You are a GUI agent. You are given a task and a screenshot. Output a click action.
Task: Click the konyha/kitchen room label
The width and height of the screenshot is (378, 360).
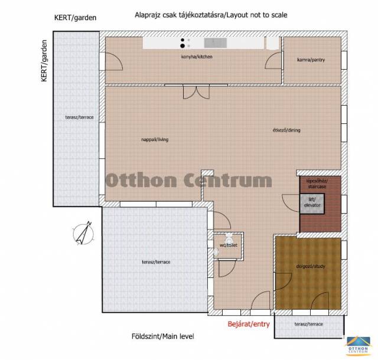(197, 57)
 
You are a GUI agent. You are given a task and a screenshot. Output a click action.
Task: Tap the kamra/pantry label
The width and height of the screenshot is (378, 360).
(311, 60)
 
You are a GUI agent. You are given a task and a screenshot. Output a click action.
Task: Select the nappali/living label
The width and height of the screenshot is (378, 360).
(155, 139)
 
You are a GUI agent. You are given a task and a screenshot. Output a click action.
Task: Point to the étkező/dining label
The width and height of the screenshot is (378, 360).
(286, 130)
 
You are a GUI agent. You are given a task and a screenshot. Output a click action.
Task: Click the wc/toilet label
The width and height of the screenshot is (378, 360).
(229, 246)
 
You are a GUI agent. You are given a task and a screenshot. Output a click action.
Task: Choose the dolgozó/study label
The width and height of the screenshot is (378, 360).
(311, 266)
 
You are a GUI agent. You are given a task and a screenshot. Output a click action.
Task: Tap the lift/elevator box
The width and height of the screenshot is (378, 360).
(312, 204)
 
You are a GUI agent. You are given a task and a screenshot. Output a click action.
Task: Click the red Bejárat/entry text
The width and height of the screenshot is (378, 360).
(249, 324)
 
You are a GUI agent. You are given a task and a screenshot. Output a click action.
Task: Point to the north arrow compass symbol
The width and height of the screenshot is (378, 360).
(83, 233)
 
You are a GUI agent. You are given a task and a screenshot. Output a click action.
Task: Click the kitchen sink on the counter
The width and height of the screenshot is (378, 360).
(215, 43)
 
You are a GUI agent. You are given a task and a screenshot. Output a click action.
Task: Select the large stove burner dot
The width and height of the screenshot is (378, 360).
(183, 46)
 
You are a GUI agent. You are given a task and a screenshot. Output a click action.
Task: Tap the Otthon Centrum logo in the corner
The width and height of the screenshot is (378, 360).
(358, 346)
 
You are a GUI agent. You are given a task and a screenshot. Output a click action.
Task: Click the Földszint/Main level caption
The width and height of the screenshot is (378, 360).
(163, 336)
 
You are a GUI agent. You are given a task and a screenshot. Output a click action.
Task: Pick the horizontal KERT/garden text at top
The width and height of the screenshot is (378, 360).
(75, 18)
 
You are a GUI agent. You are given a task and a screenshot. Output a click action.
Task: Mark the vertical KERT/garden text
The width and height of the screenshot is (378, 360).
(44, 61)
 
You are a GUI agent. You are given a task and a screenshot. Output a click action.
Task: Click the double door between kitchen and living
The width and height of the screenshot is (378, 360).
(196, 92)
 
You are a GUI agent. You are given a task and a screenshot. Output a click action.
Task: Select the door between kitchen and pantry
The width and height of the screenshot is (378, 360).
(273, 60)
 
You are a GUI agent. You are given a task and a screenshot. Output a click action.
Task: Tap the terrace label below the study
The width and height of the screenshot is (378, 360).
(308, 324)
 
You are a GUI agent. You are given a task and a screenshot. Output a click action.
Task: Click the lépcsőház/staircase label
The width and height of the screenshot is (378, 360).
(317, 184)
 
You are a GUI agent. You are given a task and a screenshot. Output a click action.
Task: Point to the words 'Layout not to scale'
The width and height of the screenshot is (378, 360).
(257, 15)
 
